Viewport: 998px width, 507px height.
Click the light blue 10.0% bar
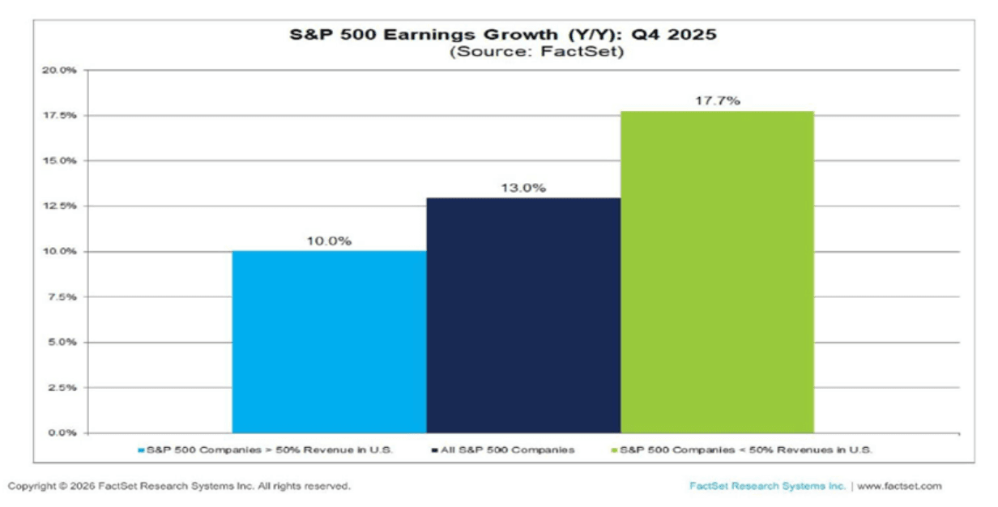pos(329,342)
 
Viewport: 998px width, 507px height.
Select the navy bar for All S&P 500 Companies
pos(523,315)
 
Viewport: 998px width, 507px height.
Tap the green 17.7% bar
pos(718,272)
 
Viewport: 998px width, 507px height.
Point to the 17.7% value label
pos(718,100)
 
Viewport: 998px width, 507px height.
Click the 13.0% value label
pos(523,188)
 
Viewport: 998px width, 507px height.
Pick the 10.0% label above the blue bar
pos(329,241)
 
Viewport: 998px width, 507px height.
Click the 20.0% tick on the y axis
pos(59,70)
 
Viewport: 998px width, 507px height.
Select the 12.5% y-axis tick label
pos(60,206)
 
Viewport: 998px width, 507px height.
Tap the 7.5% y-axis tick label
pos(62,296)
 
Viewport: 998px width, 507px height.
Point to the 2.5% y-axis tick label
pos(62,388)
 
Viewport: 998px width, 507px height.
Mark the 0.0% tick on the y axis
pos(62,432)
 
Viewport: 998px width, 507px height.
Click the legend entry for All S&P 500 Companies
pos(503,450)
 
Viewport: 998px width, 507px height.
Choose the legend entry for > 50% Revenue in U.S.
pos(266,450)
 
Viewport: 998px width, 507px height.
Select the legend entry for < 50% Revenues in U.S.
pos(741,450)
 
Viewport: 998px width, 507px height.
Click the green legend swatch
pos(614,450)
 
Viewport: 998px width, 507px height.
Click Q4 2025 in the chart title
pos(674,34)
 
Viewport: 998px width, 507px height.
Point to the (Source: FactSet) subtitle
pos(537,52)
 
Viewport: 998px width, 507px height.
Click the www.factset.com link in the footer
pos(899,486)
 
